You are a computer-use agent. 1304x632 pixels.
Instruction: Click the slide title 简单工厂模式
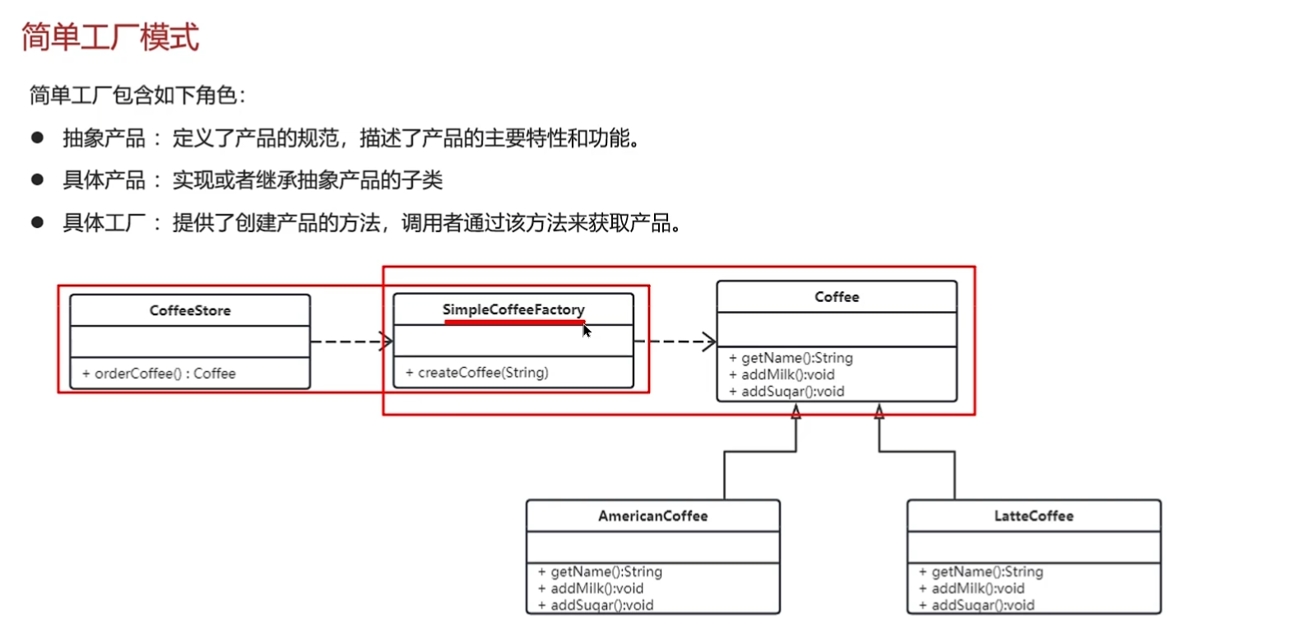(110, 37)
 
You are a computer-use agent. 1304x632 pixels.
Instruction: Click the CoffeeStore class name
(190, 310)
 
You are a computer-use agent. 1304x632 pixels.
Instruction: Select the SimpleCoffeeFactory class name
(513, 309)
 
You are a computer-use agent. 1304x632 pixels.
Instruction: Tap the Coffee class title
(837, 296)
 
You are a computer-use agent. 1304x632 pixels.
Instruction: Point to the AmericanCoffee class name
(652, 516)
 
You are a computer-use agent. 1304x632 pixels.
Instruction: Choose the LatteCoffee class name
(1033, 516)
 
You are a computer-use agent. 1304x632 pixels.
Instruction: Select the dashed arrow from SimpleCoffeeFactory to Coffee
(675, 341)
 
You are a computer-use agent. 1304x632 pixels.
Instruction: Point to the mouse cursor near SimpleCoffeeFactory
(586, 330)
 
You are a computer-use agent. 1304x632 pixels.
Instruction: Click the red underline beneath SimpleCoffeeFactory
(514, 323)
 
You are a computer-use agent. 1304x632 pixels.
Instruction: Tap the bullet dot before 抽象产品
(37, 137)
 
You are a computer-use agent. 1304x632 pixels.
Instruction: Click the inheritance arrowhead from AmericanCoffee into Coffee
(796, 411)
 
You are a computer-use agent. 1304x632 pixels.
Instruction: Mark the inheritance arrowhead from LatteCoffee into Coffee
(879, 411)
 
